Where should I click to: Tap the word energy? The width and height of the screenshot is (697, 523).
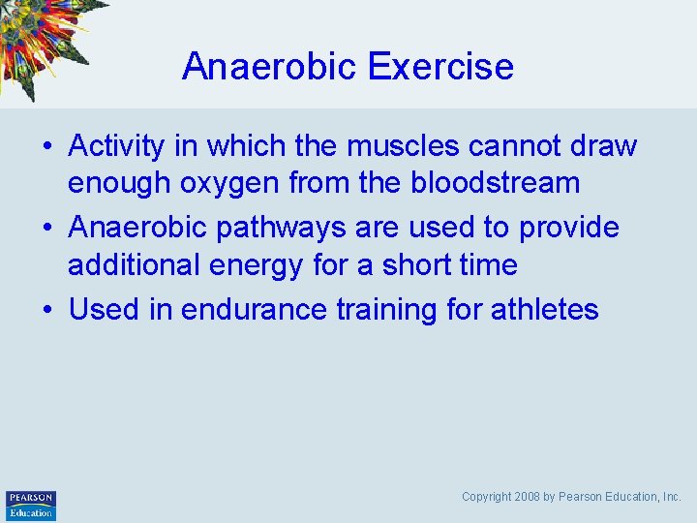pyautogui.click(x=248, y=264)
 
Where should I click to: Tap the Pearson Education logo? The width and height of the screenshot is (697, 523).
pyautogui.click(x=31, y=506)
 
